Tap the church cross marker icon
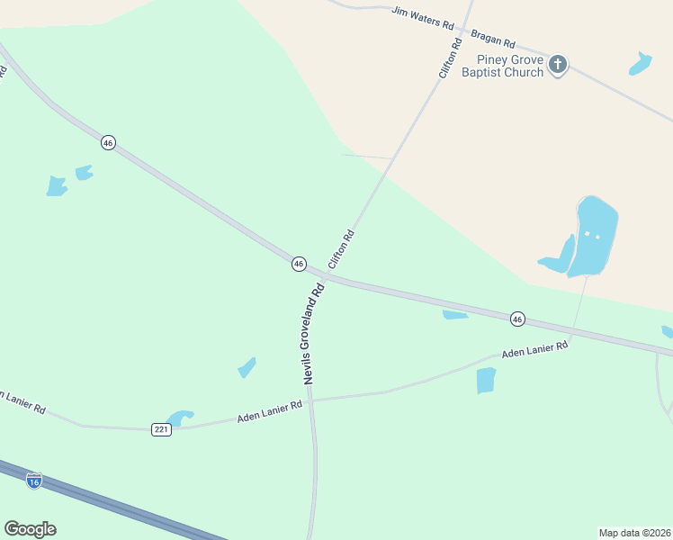click(558, 65)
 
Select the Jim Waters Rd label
click(422, 17)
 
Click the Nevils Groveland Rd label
click(313, 336)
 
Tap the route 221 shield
click(161, 429)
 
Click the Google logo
click(30, 529)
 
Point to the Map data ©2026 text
click(634, 532)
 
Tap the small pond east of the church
click(641, 64)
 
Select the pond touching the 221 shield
click(181, 418)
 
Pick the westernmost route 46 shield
click(108, 143)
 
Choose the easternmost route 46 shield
click(517, 319)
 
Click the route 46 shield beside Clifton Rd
click(299, 264)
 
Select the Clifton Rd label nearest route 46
click(342, 249)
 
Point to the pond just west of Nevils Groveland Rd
click(247, 367)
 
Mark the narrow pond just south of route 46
click(454, 314)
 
